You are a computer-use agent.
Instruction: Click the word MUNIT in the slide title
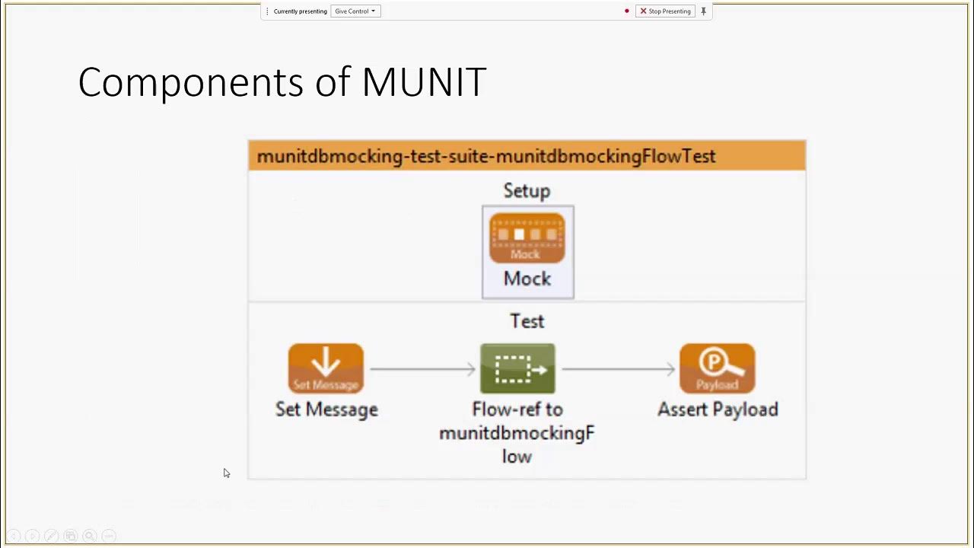point(424,82)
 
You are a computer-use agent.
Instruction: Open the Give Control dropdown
point(355,11)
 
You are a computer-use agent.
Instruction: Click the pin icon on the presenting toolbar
point(703,11)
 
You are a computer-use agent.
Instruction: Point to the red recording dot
point(627,11)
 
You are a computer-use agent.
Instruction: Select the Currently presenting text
point(300,11)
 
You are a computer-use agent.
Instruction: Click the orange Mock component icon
point(527,238)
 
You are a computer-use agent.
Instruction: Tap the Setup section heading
point(527,191)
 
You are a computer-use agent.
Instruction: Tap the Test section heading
point(527,321)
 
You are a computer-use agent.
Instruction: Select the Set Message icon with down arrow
point(326,368)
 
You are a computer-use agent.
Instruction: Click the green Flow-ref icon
point(517,368)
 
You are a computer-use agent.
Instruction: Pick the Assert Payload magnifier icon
point(717,368)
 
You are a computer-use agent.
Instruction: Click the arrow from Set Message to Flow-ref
point(422,369)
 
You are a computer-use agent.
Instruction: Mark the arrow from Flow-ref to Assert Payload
point(618,369)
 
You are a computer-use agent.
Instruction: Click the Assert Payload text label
point(718,409)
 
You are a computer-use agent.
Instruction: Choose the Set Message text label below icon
point(326,409)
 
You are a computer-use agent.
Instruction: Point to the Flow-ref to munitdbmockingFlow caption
point(517,432)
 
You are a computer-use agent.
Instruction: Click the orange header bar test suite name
point(486,156)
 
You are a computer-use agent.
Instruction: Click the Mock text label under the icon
point(527,279)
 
